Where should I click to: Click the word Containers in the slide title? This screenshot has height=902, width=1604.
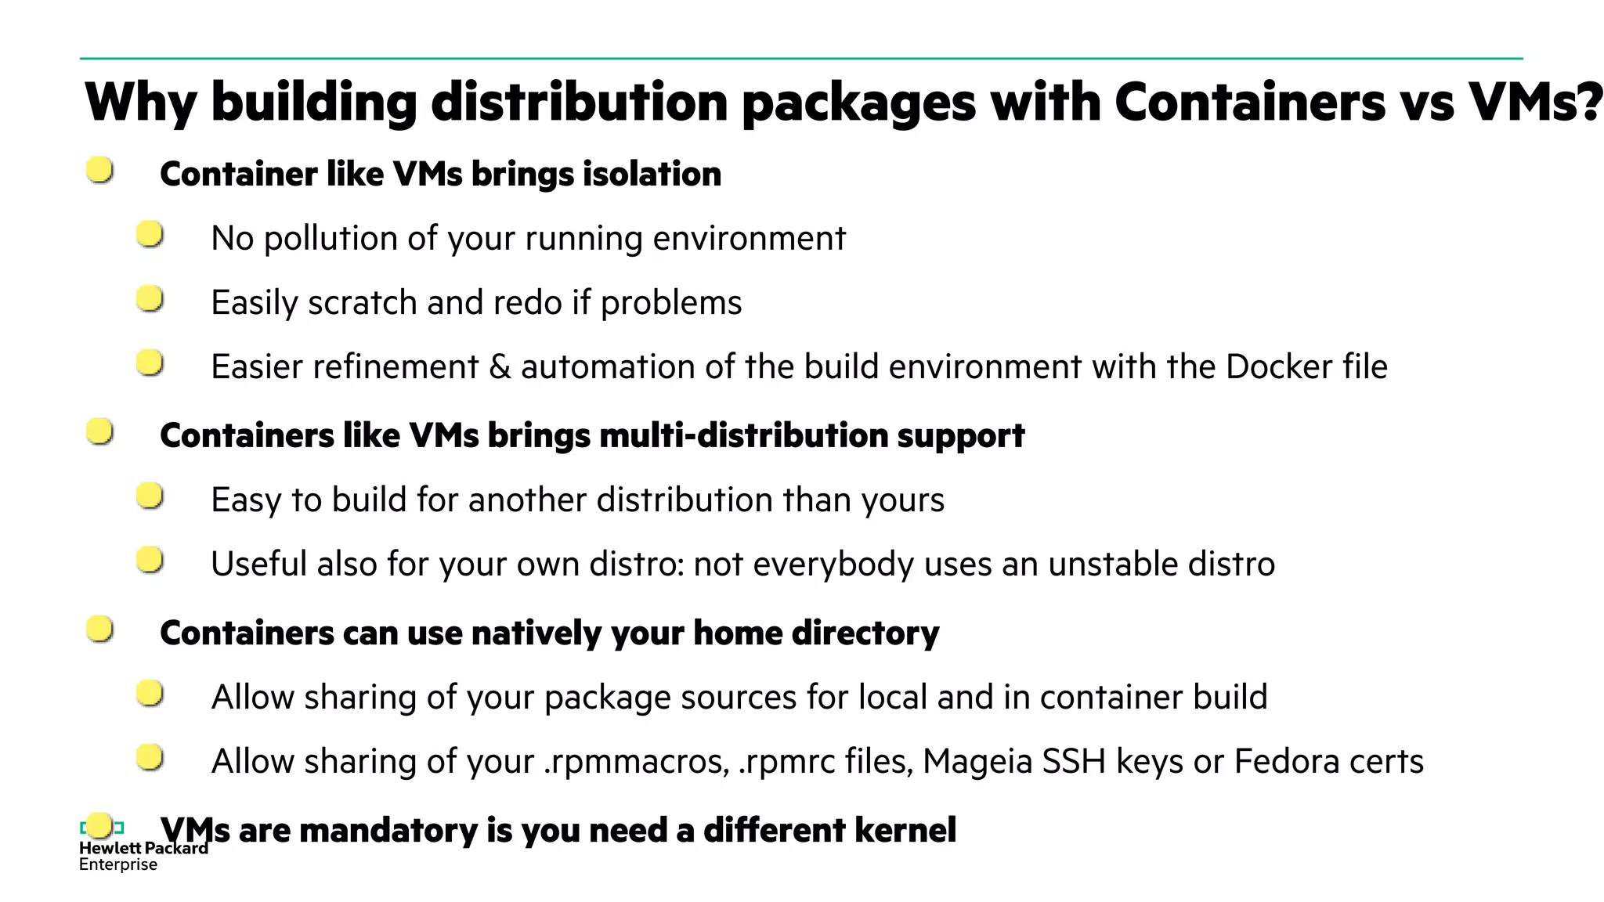1250,102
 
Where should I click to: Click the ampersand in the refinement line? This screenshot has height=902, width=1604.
500,367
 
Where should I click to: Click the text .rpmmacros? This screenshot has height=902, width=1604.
637,762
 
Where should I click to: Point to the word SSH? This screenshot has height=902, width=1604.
1074,762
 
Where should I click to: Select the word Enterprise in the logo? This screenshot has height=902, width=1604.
118,864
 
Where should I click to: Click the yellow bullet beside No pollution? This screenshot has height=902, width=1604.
150,234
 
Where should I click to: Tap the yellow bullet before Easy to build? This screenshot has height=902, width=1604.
150,496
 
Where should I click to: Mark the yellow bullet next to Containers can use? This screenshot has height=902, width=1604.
99,628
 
